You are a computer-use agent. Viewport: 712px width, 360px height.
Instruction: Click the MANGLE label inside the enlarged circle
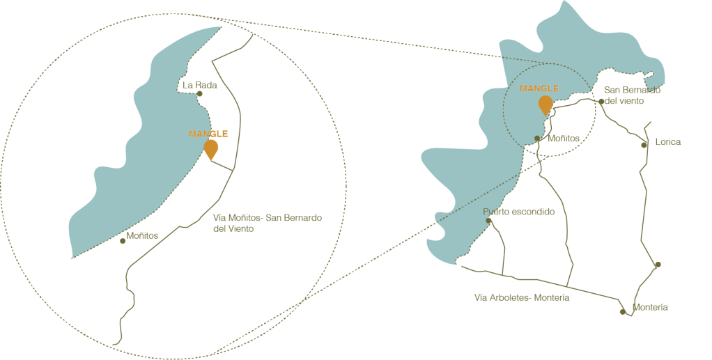click(208, 134)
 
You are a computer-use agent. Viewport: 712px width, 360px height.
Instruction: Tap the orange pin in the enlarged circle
click(210, 148)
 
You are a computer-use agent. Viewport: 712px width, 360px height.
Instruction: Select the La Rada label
click(199, 86)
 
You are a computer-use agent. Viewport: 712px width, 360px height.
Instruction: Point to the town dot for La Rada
click(201, 94)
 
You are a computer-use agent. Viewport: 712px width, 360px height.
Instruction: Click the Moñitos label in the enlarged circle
click(144, 237)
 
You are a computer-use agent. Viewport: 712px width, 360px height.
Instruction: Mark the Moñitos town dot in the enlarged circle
click(123, 242)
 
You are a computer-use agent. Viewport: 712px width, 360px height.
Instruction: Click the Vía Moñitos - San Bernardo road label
click(268, 223)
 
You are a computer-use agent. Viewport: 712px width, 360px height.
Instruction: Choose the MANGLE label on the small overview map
click(539, 88)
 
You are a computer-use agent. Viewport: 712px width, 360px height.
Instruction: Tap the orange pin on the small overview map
click(545, 104)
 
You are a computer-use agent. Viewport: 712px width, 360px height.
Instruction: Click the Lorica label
click(667, 143)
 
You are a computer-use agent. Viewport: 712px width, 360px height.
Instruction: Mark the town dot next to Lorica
click(646, 144)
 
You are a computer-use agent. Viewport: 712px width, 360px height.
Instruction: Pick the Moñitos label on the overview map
click(561, 139)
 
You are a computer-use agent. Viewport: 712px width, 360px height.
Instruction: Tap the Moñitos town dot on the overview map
click(538, 139)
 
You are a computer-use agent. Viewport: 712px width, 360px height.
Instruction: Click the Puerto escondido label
click(519, 212)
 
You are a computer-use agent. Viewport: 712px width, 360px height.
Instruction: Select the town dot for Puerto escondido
click(489, 221)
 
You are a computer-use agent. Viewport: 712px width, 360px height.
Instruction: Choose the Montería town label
click(652, 307)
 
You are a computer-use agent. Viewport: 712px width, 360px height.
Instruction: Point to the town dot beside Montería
click(624, 311)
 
